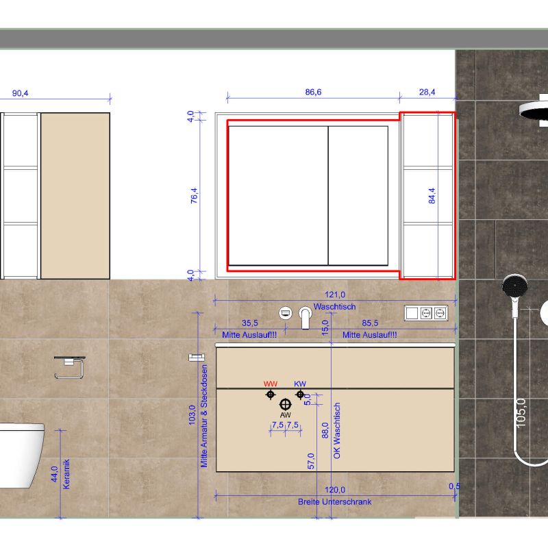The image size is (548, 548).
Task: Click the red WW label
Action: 270,384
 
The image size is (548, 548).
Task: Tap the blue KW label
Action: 300,384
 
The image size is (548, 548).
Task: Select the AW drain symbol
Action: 286,404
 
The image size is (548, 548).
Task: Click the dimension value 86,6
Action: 313,92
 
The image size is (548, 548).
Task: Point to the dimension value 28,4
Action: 427,92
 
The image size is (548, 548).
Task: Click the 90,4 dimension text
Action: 21,93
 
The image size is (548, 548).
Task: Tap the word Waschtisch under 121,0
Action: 334,306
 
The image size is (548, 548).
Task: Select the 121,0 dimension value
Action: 335,295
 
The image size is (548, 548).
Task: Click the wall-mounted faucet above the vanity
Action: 305,318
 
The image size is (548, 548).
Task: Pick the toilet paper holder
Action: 70,367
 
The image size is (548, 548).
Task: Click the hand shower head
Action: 515,286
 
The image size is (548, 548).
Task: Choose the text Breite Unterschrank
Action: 334,502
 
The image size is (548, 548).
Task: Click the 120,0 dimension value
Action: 335,490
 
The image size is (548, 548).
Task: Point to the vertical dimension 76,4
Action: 194,196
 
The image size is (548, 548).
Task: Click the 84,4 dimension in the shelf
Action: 432,196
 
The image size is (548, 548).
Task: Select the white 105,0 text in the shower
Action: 521,413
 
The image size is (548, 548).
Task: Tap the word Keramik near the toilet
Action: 66,474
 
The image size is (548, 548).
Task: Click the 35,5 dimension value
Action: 250,323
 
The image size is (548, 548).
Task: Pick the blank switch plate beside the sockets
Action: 412,313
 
